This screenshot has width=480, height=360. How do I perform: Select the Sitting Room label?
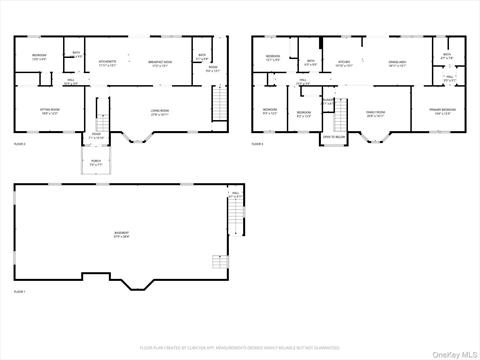[48, 112]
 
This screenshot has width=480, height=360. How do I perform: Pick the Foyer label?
[97, 134]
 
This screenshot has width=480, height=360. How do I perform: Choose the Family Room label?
[376, 112]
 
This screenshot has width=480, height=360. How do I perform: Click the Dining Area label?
[396, 63]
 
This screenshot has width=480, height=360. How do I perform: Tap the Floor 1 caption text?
[19, 291]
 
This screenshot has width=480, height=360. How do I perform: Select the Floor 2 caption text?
[19, 144]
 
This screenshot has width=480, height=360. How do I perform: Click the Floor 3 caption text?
[258, 144]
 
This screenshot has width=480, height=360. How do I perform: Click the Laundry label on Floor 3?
[327, 101]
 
